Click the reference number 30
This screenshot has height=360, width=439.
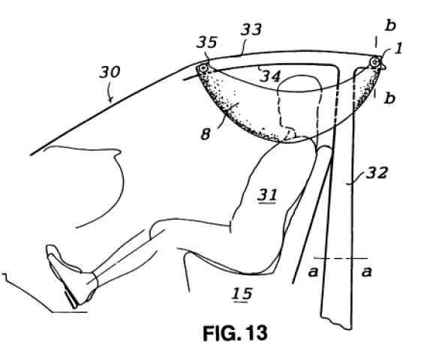[x=110, y=72]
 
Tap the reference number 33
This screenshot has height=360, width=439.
[x=251, y=30]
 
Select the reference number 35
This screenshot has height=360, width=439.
[x=207, y=43]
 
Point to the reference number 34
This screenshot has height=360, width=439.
[x=270, y=76]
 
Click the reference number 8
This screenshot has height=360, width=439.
[x=205, y=134]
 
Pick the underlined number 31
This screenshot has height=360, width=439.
[x=267, y=195]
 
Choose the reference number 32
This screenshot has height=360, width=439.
[x=377, y=172]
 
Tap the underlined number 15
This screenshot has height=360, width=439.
[x=242, y=294]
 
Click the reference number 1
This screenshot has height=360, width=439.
[x=398, y=49]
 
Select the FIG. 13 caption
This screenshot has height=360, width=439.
[x=235, y=333]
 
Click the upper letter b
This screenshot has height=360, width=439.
[x=390, y=25]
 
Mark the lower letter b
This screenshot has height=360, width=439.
[x=390, y=98]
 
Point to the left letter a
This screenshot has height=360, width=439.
[x=313, y=271]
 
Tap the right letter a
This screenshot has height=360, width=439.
[x=367, y=271]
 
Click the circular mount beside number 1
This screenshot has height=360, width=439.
[x=374, y=61]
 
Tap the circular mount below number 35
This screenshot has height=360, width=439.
[x=203, y=68]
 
